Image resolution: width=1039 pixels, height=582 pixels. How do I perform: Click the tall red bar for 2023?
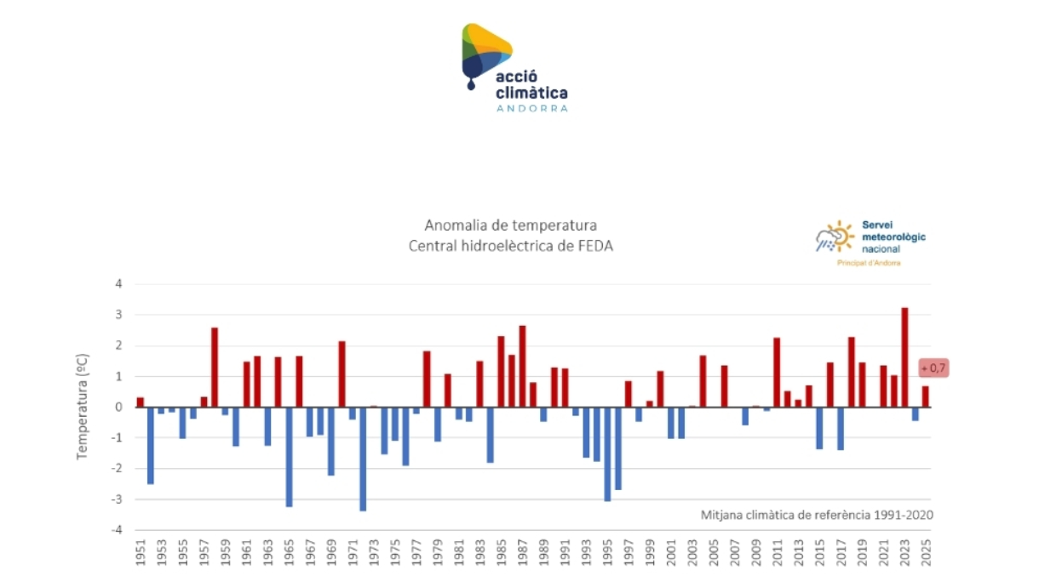[x=904, y=357]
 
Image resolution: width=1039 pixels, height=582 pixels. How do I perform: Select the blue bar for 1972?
[x=363, y=459]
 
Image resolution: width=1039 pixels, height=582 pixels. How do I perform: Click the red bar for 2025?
[x=926, y=397]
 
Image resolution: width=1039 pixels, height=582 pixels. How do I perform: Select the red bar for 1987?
[x=522, y=366]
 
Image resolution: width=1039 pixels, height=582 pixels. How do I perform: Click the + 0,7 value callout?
[x=933, y=368]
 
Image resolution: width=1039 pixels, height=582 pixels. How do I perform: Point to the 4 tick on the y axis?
[x=120, y=284]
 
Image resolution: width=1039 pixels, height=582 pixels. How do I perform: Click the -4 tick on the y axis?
[x=118, y=530]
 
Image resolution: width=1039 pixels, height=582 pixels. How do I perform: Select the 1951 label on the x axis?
[x=141, y=556]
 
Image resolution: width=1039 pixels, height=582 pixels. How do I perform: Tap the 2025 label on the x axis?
[x=926, y=556]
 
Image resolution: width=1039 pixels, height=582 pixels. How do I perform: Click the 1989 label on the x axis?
[x=543, y=556]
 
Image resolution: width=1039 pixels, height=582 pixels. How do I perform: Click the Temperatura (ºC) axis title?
[x=83, y=408]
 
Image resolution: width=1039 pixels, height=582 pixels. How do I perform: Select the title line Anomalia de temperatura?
[x=510, y=225]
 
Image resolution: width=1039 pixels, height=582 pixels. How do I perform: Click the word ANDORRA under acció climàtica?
[x=531, y=109]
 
